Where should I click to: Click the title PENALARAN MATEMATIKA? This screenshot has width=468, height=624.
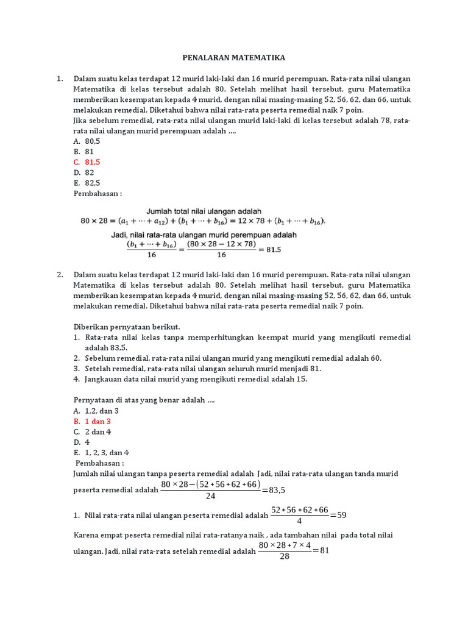click(234, 58)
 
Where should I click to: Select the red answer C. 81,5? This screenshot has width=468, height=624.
click(87, 161)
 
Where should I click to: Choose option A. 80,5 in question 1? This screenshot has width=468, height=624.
click(87, 141)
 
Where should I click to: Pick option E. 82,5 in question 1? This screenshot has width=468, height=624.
click(87, 182)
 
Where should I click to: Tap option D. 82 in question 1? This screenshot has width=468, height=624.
click(84, 172)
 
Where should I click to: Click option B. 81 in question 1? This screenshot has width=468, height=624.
click(83, 151)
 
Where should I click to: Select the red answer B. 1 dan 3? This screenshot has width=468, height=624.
click(92, 421)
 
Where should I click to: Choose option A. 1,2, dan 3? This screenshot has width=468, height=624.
click(96, 411)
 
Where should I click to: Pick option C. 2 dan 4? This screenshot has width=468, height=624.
click(92, 431)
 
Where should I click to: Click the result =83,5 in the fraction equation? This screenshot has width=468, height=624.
click(273, 489)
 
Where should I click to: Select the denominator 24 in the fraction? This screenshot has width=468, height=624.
click(211, 495)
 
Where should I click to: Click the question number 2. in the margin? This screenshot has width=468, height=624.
click(60, 274)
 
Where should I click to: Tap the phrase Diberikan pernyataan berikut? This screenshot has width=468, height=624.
click(127, 326)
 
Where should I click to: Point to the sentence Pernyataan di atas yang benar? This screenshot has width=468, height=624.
click(144, 400)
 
